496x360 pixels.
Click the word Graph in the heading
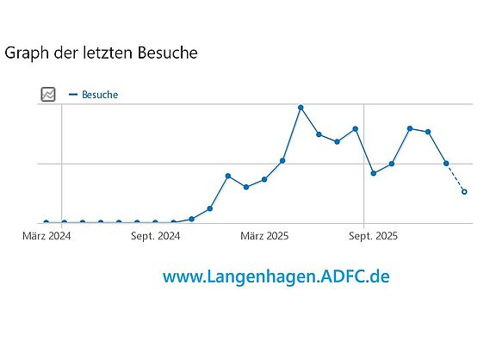click(26, 53)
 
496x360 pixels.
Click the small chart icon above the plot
click(48, 95)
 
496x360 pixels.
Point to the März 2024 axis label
click(46, 235)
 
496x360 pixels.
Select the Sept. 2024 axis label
click(156, 235)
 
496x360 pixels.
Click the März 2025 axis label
click(264, 235)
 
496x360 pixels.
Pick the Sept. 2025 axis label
click(373, 235)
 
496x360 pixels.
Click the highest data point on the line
click(301, 108)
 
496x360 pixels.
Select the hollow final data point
click(464, 191)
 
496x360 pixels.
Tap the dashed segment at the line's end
click(456, 177)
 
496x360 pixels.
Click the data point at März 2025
click(264, 179)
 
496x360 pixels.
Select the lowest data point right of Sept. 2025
click(373, 173)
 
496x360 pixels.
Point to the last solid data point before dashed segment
click(446, 163)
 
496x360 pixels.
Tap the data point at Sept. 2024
click(155, 222)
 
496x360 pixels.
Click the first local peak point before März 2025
click(227, 176)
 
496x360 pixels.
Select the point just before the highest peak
click(282, 161)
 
